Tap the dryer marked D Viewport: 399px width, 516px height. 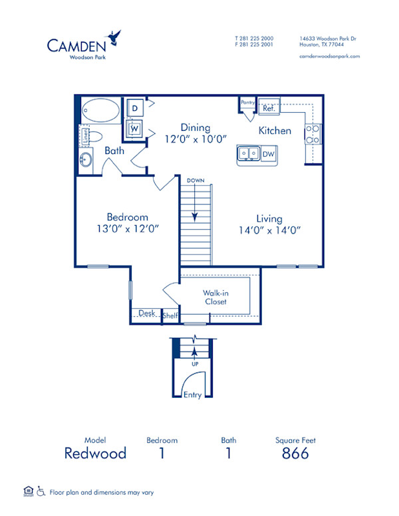(x=135, y=108)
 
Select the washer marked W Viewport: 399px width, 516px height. (x=135, y=128)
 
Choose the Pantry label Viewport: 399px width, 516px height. (x=247, y=103)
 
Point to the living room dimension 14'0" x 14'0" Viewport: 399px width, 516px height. (x=270, y=230)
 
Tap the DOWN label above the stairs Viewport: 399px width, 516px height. (x=196, y=181)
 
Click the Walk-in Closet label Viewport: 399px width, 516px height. (x=215, y=297)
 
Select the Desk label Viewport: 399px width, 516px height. (x=146, y=313)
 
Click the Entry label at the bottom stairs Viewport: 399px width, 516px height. (x=192, y=394)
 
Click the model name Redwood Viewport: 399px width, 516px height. (x=95, y=454)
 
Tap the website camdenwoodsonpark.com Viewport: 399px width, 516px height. (x=329, y=56)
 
